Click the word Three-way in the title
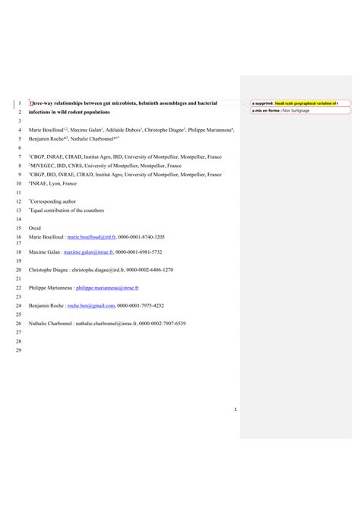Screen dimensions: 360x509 pyautogui.click(x=39, y=103)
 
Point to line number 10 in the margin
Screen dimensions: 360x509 pyautogui.click(x=18, y=183)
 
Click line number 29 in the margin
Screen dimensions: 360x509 pyautogui.click(x=18, y=350)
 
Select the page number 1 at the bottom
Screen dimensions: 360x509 pyautogui.click(x=236, y=411)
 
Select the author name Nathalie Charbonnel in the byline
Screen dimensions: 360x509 pyautogui.click(x=92, y=139)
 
